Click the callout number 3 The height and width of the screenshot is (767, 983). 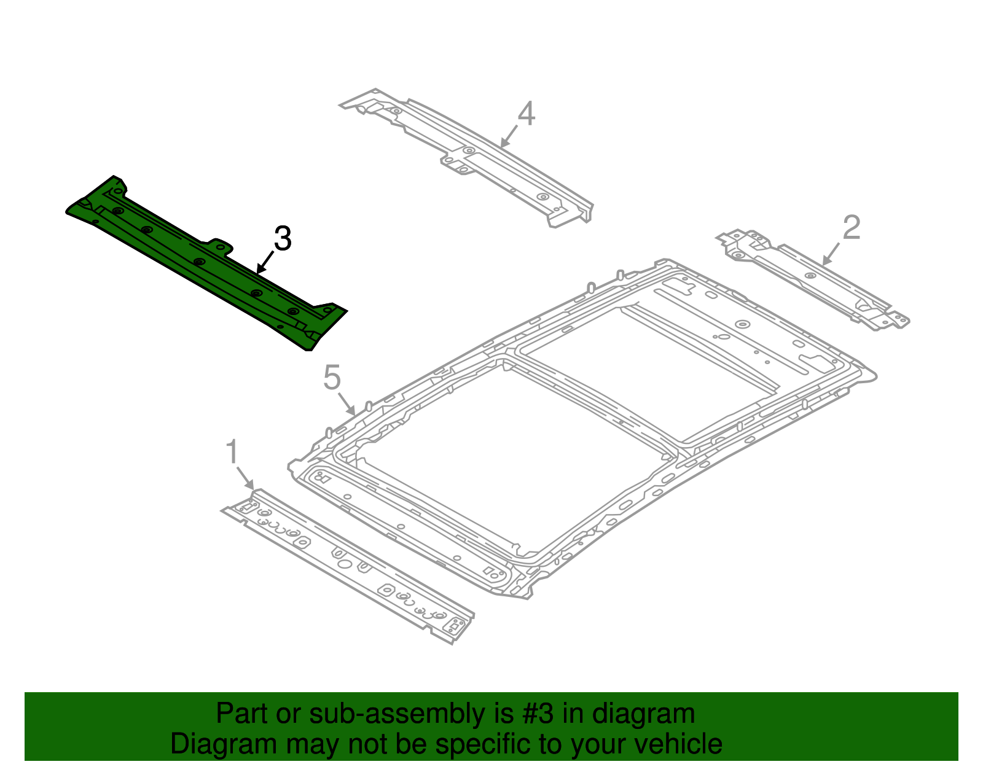(282, 239)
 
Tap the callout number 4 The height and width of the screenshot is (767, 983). (526, 114)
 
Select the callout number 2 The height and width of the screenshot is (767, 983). (851, 227)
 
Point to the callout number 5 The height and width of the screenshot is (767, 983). (332, 377)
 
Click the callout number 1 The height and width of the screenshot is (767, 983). (232, 453)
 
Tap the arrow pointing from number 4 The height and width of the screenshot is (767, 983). (509, 136)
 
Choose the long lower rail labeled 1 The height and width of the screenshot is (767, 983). (347, 565)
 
